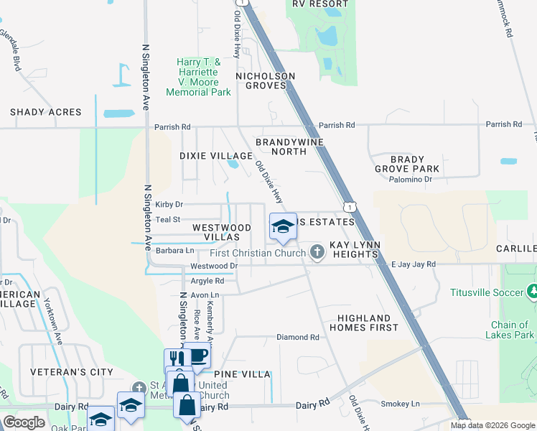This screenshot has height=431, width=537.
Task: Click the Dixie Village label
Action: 215,156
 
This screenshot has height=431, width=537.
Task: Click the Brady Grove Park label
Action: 414,164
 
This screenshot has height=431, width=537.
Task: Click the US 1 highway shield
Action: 350,207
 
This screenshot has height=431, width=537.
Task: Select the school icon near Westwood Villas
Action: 283,227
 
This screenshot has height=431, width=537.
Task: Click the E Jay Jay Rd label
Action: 414,264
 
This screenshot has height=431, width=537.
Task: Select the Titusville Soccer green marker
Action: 532,292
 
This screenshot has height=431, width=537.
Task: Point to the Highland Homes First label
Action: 363,323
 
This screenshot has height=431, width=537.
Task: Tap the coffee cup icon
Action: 196,356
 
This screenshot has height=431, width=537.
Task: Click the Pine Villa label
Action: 246,375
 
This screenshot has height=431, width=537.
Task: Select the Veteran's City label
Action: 72,372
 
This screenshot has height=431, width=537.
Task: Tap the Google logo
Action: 24,422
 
